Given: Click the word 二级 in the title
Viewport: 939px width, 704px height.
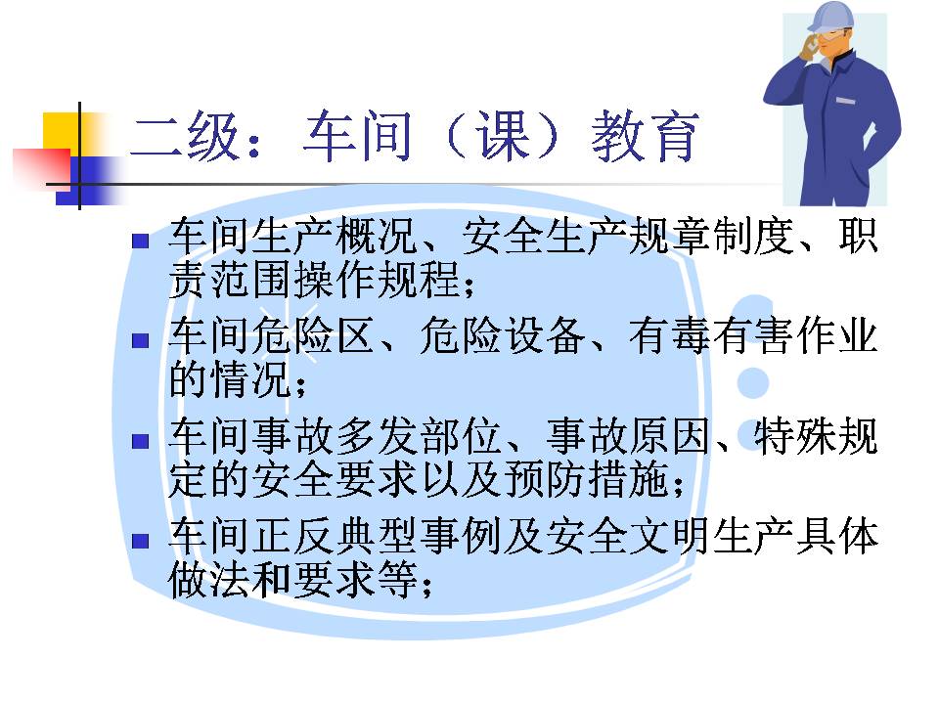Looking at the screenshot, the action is click(x=186, y=137).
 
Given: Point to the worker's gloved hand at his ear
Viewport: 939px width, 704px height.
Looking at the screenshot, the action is click(x=810, y=47).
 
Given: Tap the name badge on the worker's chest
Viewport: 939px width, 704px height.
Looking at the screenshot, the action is click(x=845, y=101).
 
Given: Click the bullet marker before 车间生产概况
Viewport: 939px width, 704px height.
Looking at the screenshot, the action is click(x=140, y=242).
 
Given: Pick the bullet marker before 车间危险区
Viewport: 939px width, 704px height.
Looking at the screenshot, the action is click(x=140, y=340).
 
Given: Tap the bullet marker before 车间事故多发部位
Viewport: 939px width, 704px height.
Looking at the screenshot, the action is click(x=140, y=441).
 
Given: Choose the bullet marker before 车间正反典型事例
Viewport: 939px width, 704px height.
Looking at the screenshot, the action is click(x=140, y=541).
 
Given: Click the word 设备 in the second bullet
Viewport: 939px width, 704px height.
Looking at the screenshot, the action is click(x=545, y=335).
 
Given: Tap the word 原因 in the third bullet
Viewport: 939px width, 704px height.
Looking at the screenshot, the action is click(x=670, y=436).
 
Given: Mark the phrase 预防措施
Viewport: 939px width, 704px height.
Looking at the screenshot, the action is click(x=586, y=479).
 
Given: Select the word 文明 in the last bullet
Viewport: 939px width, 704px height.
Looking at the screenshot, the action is click(x=670, y=536).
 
